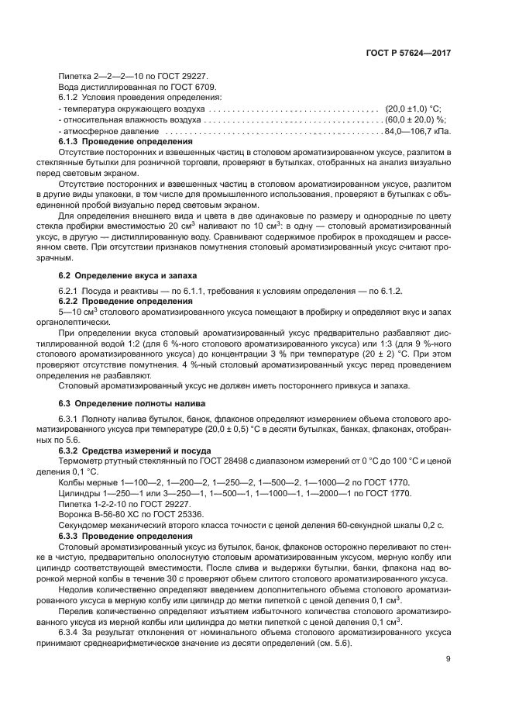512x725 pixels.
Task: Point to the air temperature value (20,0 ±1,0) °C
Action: [x=413, y=109]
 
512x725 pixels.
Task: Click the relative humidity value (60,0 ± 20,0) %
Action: [x=415, y=120]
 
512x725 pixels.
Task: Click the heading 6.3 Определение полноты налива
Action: [x=132, y=403]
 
